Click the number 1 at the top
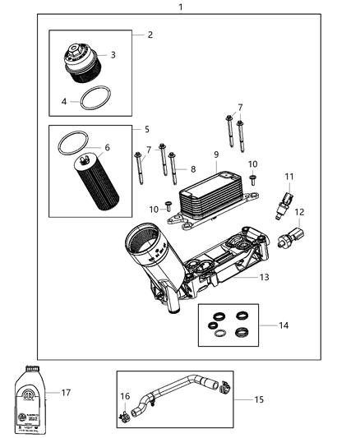coord(180,7)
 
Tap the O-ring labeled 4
coord(95,99)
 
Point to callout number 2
coord(150,35)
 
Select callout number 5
coord(146,130)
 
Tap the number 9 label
coord(216,154)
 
